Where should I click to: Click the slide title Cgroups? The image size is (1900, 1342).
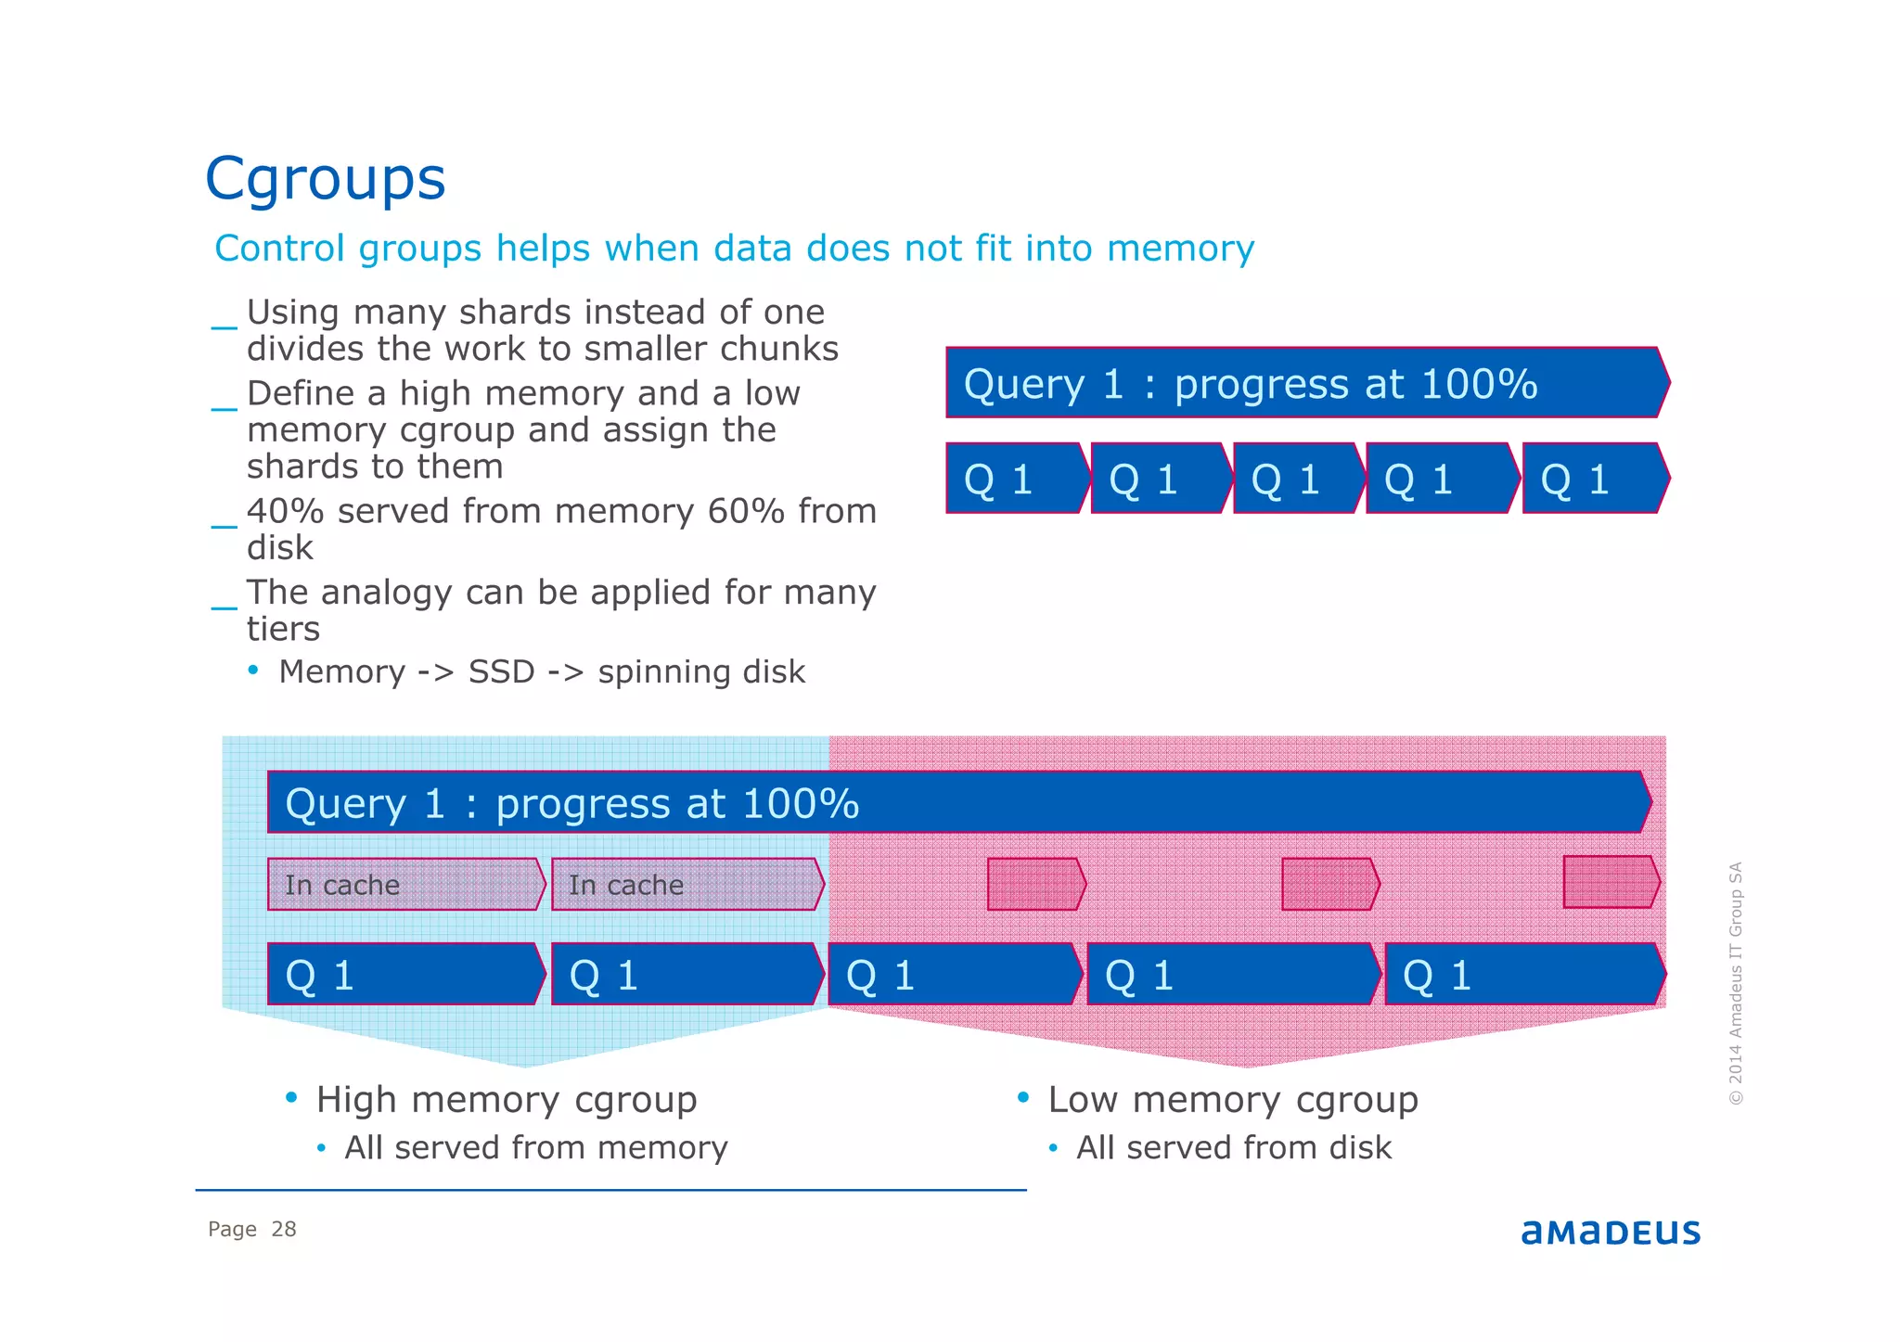click(x=325, y=178)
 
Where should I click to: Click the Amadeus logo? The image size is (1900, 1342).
click(x=1610, y=1232)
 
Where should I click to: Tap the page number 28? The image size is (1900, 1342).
click(x=283, y=1229)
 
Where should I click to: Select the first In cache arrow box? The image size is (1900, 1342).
click(x=405, y=884)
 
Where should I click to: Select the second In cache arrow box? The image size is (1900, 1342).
click(x=687, y=884)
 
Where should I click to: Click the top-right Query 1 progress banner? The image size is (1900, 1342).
click(x=1306, y=383)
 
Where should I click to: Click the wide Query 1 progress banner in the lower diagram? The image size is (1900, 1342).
click(x=958, y=802)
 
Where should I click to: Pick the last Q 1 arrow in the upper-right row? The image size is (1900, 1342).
click(x=1595, y=479)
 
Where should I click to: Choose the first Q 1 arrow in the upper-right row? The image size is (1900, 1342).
click(x=1016, y=479)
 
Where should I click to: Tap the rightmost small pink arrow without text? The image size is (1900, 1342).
click(x=1611, y=882)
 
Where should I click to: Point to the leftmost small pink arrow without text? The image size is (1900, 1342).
click(x=1035, y=884)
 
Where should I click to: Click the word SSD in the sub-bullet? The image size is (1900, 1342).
click(x=501, y=671)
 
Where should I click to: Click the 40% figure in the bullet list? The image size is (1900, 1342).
click(x=284, y=511)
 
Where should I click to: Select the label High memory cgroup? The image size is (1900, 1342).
click(x=506, y=1100)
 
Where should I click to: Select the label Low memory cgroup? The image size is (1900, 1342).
click(x=1232, y=1100)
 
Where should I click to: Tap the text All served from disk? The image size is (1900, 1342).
click(x=1233, y=1148)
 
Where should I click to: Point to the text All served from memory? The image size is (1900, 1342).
click(x=535, y=1148)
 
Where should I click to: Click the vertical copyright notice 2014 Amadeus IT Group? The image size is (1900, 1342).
click(x=1736, y=983)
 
